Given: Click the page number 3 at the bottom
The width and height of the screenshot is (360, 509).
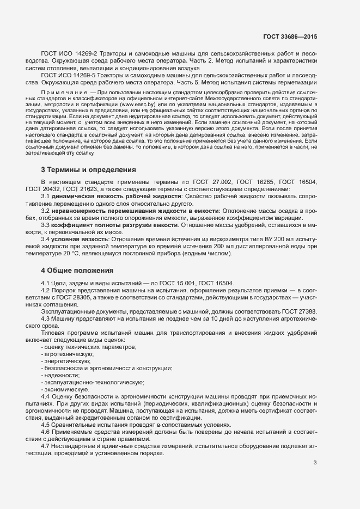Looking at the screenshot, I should pos(315,463).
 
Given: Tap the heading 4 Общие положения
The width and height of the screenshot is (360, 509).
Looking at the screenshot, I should pos(77,270).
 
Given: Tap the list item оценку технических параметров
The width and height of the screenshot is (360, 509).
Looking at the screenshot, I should pos(89,347).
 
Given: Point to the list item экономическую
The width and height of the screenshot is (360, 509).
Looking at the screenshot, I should pos(66,389).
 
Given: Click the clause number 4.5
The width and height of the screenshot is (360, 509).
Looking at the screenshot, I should pos(46,425).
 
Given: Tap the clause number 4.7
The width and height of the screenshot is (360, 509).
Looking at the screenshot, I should pos(46,446).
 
